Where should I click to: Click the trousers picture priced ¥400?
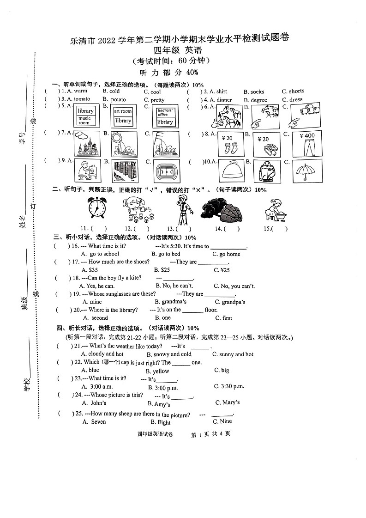[307, 144]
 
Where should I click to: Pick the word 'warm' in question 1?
[80, 91]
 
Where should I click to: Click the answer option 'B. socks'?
[254, 92]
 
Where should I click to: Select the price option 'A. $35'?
[90, 270]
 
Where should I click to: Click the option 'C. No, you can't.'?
[234, 286]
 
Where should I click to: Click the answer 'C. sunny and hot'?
[233, 354]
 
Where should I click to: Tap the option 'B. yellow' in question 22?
[157, 371]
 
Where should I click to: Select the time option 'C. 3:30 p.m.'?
[229, 386]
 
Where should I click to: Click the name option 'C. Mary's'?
[227, 402]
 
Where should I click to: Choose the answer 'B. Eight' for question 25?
[160, 422]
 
